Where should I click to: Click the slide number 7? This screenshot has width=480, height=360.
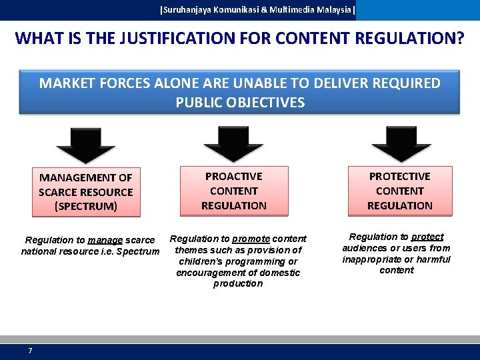tap(30, 351)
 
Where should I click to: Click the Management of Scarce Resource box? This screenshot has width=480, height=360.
tap(86, 192)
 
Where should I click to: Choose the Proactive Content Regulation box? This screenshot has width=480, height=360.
tap(234, 191)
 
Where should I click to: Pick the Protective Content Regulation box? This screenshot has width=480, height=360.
tap(400, 191)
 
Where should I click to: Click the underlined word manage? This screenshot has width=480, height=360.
tap(105, 240)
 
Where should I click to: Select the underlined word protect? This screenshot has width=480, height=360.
tap(427, 237)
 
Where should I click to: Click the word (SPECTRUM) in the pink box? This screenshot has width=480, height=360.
tap(86, 206)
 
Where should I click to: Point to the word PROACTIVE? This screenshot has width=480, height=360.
tap(234, 176)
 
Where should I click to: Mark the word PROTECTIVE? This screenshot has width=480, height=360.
tap(400, 176)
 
